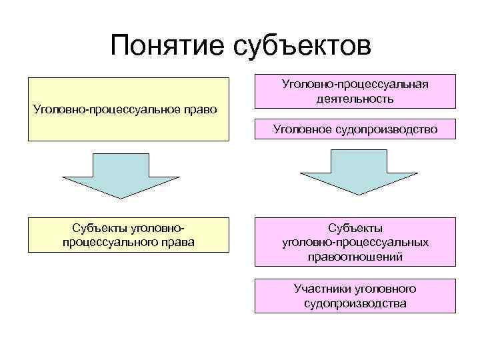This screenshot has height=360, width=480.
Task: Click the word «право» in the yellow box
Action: click(x=199, y=109)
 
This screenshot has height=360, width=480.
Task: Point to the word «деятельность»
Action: click(x=355, y=99)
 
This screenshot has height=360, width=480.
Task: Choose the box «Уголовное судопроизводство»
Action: click(x=354, y=129)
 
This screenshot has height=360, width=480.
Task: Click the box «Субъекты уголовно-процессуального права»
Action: click(x=127, y=235)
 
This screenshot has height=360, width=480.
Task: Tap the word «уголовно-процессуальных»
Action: click(x=355, y=242)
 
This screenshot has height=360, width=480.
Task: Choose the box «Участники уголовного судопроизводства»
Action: click(x=354, y=296)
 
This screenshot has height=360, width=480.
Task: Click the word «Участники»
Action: click(x=318, y=289)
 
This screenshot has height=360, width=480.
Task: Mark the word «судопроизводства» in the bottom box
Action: click(x=355, y=303)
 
